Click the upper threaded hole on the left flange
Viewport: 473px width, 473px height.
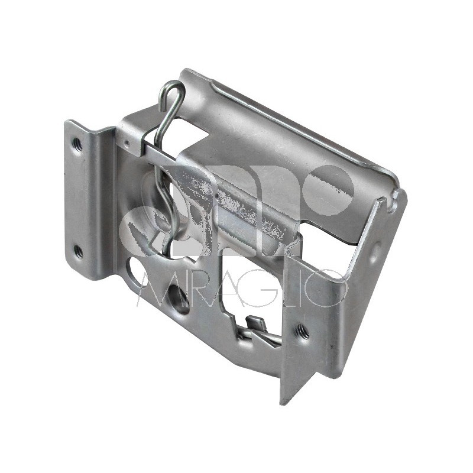click(77, 143)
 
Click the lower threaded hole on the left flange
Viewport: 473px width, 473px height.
click(77, 251)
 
